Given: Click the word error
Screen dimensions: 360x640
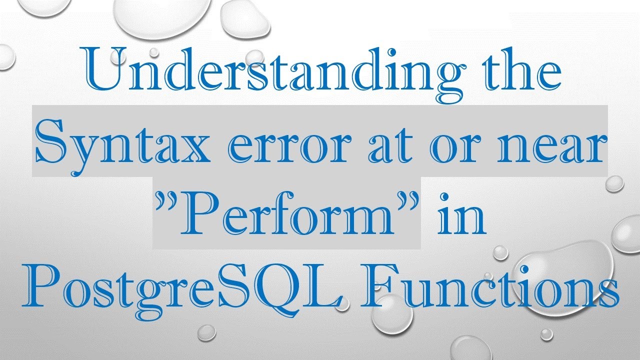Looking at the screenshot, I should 270,145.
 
